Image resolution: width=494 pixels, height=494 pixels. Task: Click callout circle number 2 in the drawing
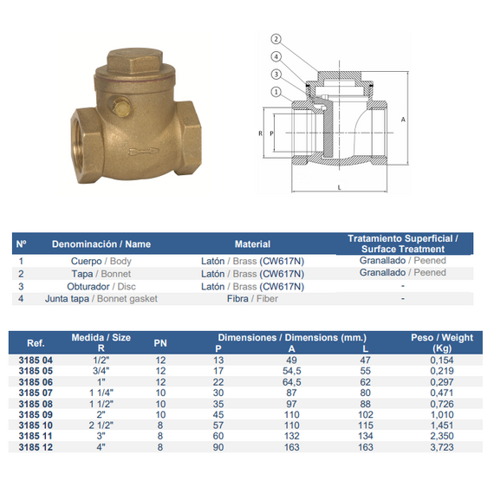pos(276,39)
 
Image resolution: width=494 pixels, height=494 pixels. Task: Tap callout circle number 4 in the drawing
pos(276,56)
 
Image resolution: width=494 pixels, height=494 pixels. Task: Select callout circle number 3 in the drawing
pos(276,75)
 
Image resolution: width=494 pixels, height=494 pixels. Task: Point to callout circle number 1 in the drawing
pos(276,92)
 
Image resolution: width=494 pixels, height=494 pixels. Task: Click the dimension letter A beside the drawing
pos(403,120)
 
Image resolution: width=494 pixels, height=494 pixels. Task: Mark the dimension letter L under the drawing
pos(340,187)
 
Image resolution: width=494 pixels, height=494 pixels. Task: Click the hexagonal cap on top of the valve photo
pos(135,61)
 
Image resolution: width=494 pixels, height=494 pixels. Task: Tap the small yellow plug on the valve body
pos(121,107)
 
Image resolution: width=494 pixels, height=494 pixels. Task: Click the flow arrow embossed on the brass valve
pos(143,152)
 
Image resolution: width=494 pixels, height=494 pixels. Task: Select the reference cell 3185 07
pos(36,393)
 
